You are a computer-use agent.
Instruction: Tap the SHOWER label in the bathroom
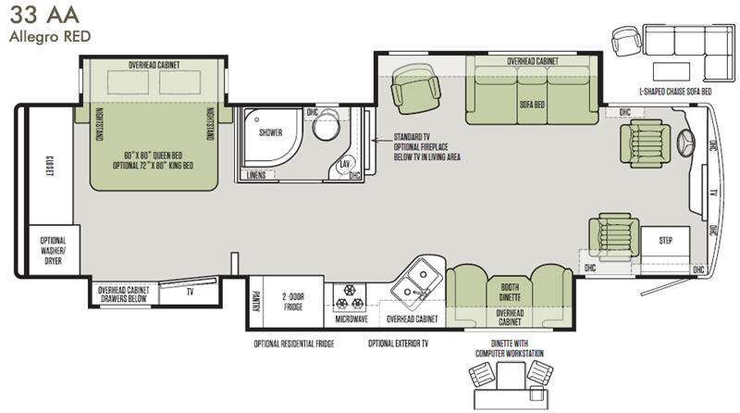[x=270, y=132]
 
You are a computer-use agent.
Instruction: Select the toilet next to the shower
[x=327, y=124]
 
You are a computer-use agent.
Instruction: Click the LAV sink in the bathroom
[x=344, y=164]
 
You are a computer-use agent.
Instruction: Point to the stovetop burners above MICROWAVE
[x=350, y=296]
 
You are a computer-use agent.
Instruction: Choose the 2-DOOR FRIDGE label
[x=293, y=302]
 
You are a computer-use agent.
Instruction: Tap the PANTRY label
[x=256, y=302]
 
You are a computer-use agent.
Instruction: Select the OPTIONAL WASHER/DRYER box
[x=53, y=250]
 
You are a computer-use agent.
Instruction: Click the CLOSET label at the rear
[x=48, y=167]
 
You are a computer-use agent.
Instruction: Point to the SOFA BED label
[x=533, y=105]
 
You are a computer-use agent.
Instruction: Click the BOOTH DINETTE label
[x=510, y=292]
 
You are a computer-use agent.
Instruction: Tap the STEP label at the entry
[x=665, y=241]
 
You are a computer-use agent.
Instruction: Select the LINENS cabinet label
[x=256, y=175]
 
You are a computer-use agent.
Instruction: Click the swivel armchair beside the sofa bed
[x=415, y=88]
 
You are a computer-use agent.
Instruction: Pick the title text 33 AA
[x=43, y=15]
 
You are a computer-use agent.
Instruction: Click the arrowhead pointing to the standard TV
[x=375, y=140]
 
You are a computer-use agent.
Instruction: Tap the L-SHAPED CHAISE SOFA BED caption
[x=675, y=92]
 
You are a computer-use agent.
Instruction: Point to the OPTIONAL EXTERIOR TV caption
[x=399, y=343]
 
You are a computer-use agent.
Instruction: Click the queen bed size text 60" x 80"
[x=137, y=156]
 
